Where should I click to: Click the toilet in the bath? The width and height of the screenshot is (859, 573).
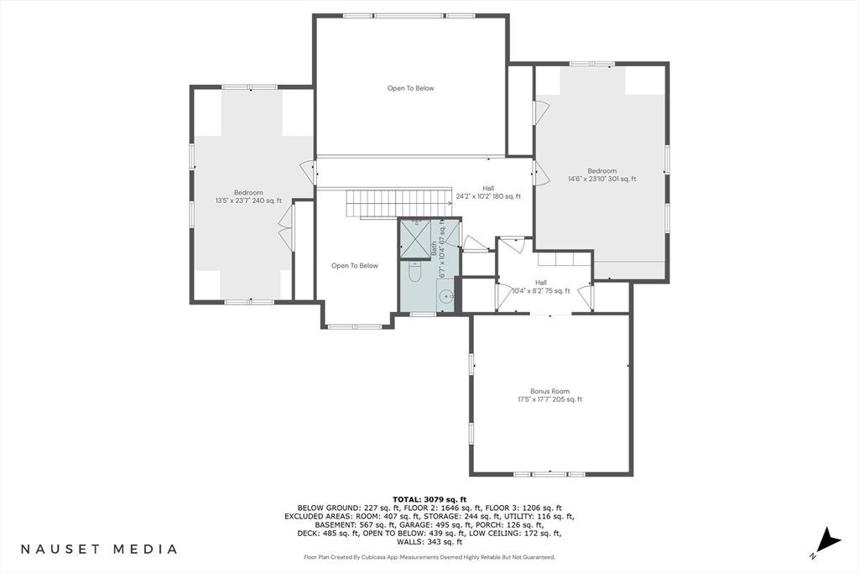(414, 272)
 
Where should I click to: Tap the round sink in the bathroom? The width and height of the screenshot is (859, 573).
(448, 296)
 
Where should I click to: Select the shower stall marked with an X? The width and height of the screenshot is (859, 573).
(414, 239)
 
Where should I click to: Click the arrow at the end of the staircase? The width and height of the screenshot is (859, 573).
(450, 203)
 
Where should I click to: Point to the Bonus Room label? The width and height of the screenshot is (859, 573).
(549, 391)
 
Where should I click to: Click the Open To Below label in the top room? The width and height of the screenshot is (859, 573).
(411, 88)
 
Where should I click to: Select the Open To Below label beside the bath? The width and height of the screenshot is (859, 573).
(355, 266)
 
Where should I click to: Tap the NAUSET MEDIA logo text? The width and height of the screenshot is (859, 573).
(99, 549)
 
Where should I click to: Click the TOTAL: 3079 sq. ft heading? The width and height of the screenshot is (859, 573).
(429, 499)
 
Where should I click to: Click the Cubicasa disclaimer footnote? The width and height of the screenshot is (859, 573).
(429, 557)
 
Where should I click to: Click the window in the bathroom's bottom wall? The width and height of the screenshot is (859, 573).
(423, 314)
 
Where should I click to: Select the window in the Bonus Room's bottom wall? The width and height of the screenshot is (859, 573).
(549, 474)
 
